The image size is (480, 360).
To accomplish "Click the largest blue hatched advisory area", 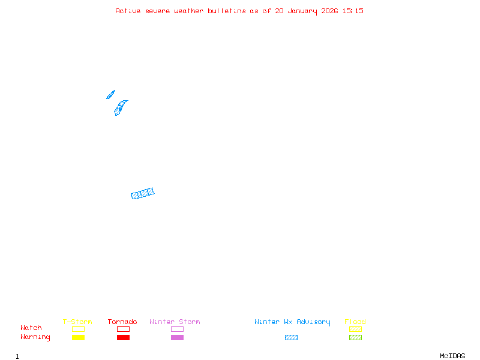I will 143,193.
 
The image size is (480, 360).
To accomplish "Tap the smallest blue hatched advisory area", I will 110,95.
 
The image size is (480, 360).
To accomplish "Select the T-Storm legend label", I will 77,322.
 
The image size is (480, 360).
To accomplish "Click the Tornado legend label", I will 122,322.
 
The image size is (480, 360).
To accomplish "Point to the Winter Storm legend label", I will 175,322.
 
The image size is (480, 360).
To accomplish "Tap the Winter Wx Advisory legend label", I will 292,322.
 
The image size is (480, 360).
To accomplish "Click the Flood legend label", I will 355,322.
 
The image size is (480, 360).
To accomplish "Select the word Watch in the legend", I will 31,328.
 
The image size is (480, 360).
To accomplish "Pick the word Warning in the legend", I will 35,337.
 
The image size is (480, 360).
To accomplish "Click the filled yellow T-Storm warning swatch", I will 78,338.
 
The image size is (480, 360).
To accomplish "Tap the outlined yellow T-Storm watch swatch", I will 78,329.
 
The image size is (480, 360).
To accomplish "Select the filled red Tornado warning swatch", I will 123,338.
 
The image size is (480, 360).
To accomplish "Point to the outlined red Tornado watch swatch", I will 123,329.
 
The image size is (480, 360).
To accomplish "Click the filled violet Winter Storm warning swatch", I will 177,338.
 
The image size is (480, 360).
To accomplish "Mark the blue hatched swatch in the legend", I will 291,338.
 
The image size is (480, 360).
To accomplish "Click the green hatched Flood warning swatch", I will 355,338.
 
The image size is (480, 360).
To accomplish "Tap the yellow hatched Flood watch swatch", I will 355,329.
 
